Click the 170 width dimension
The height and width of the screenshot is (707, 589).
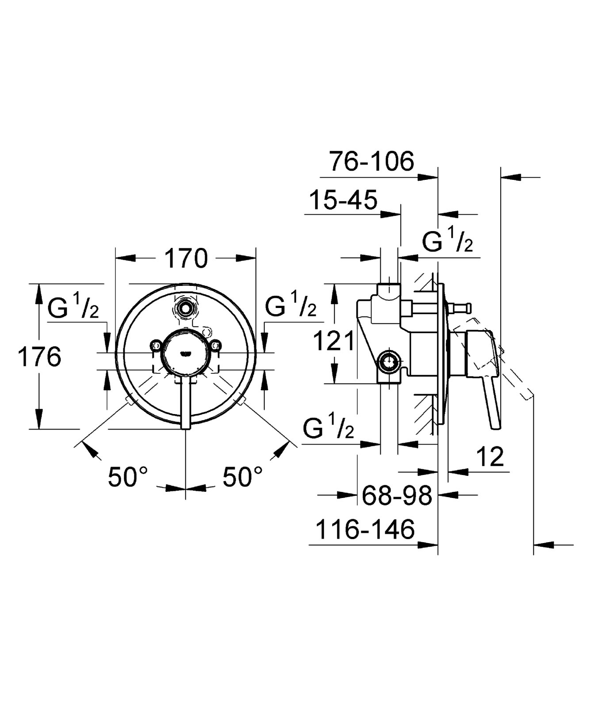pos(186,258)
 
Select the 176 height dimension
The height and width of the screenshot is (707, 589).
pos(39,357)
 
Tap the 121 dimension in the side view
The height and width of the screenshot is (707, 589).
pos(334,341)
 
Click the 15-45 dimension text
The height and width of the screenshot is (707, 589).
pos(343,200)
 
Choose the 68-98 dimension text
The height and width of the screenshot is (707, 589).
pos(397,496)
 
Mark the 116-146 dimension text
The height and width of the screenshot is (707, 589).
pos(365,529)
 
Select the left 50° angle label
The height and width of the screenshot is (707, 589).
pos(128,477)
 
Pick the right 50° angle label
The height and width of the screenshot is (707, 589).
pos(242,477)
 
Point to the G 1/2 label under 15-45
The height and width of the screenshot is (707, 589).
pos(447,241)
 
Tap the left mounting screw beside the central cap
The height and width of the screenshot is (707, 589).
pos(156,345)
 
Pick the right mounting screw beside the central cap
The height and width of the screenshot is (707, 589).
pos(215,345)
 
